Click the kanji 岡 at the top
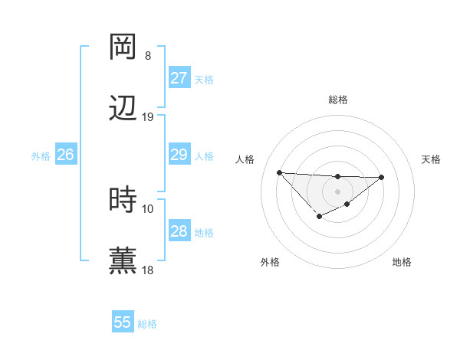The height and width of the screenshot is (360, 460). pos(123,47)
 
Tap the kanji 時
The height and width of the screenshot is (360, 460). pos(123,200)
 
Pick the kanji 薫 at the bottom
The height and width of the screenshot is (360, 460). pos(123,261)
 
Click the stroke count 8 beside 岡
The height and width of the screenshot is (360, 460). pos(148,56)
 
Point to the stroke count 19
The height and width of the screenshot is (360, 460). pos(148,117)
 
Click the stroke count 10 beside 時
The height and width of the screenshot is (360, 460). pos(148,208)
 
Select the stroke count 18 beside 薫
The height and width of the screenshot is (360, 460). pos(148,270)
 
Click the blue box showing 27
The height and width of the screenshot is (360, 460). pos(179,77)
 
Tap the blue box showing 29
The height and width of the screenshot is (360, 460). pos(179,155)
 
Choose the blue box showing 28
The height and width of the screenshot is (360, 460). pos(179,231)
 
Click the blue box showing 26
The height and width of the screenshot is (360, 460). pos(65,155)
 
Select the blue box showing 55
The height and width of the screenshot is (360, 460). pos(123,322)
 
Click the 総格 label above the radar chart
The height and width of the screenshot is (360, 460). pos(338,100)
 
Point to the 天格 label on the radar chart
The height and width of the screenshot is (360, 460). pos(432,159)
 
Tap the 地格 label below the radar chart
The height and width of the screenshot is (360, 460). pos(402,262)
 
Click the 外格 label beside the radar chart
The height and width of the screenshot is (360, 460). pos(270,262)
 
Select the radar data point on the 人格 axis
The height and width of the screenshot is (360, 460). pos(280,172)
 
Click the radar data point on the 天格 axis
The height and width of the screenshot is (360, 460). pos(382,177)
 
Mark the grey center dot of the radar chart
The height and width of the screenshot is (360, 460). pos(337,191)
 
